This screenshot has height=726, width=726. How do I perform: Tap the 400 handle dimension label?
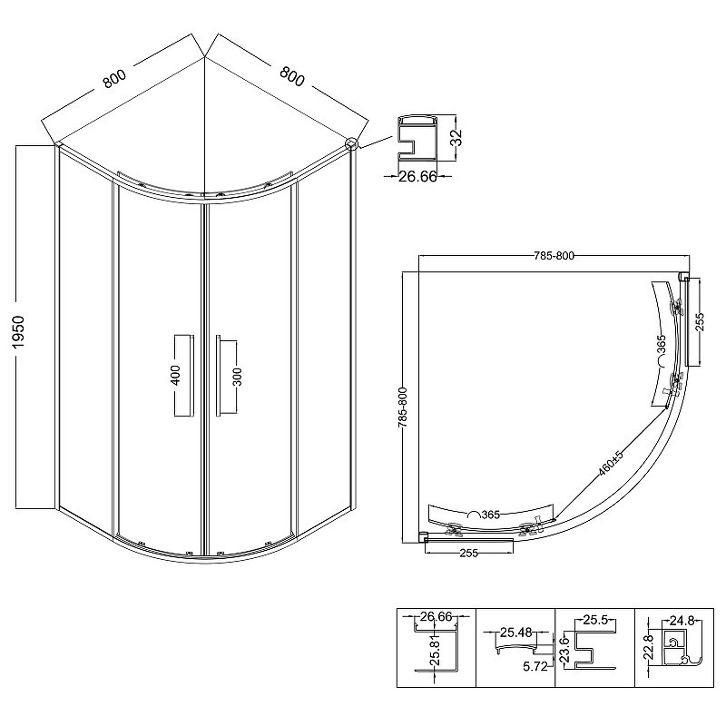click(175, 375)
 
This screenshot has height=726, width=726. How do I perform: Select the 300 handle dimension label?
click(237, 377)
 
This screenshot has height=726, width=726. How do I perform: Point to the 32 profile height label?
click(456, 138)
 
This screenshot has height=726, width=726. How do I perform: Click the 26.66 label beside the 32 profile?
click(417, 176)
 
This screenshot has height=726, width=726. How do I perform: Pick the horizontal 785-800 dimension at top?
click(554, 256)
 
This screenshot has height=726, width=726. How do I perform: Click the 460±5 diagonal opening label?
click(611, 463)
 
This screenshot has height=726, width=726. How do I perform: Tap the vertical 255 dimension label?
click(699, 322)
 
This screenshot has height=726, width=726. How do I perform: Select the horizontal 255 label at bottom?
click(468, 553)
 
